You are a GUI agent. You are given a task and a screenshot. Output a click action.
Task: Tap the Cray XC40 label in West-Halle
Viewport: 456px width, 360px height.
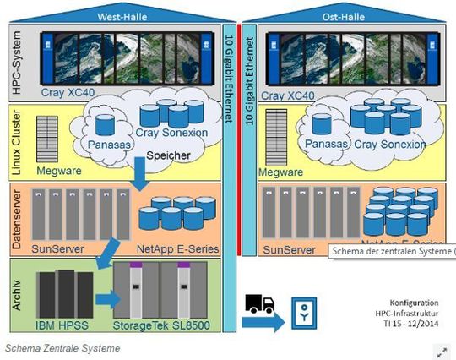point(64,95)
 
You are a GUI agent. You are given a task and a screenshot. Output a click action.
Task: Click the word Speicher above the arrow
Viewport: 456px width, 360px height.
point(169,156)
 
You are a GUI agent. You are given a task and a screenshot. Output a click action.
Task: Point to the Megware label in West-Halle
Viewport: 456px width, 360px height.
point(59,171)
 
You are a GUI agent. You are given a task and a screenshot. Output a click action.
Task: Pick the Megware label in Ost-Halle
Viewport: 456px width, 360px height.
point(282,172)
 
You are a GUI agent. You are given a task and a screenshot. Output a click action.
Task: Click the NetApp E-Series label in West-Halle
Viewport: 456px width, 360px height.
point(178,248)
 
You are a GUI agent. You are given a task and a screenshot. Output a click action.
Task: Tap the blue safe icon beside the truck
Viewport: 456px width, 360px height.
point(304,313)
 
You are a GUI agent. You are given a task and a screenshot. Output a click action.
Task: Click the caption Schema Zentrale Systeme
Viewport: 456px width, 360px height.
point(62,348)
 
